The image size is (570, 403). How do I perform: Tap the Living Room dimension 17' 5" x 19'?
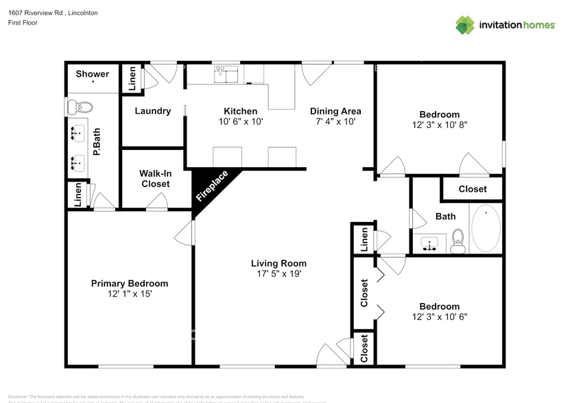278,274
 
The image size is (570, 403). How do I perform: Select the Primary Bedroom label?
130,283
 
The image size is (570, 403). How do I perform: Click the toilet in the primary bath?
81,107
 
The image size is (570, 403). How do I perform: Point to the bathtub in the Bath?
486,229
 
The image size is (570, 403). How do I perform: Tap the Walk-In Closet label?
155,179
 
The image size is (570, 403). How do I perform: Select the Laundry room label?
152,111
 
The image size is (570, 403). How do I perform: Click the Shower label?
92,74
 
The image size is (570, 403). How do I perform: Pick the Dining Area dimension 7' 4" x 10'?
335,121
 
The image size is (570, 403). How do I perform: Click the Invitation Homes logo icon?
465,25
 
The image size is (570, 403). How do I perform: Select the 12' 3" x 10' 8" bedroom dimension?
440,125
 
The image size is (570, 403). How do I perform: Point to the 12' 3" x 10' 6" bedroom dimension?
440,317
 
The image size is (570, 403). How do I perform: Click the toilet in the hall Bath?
458,241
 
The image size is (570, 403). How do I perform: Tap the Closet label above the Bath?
472,188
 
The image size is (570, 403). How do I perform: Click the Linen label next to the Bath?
364,239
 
